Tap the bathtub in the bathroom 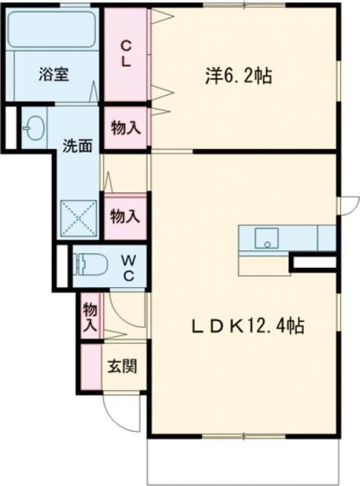pos(52,31)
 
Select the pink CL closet pos(126,52)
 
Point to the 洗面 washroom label pos(77,144)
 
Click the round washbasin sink pos(33,127)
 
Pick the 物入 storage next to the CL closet pos(126,127)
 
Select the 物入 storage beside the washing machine pos(126,216)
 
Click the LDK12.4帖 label pos(248,327)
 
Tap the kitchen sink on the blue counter pos(266,238)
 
